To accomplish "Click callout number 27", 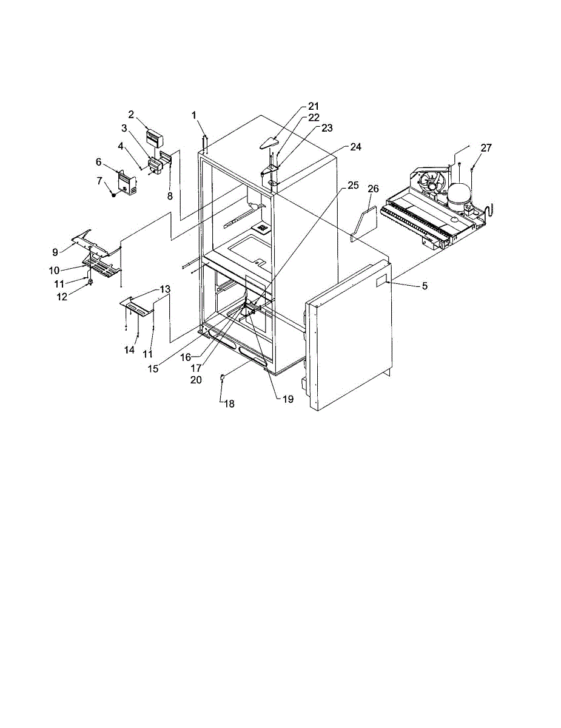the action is point(486,148).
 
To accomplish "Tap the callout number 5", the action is point(425,286).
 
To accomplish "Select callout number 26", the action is point(373,189).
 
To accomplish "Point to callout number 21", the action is point(314,106).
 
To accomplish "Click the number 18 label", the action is point(229,404).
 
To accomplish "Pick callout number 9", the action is point(55,252).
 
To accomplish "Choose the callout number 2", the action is point(131,115).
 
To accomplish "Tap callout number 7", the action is point(99,181).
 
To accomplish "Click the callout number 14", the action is point(129,350).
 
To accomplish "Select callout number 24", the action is point(355,147).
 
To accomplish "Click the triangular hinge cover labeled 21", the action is point(269,143).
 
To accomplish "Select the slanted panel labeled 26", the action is point(364,224).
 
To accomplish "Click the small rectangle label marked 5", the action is point(381,283).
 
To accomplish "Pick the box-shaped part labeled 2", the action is point(155,139).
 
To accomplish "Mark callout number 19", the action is point(288,399).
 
